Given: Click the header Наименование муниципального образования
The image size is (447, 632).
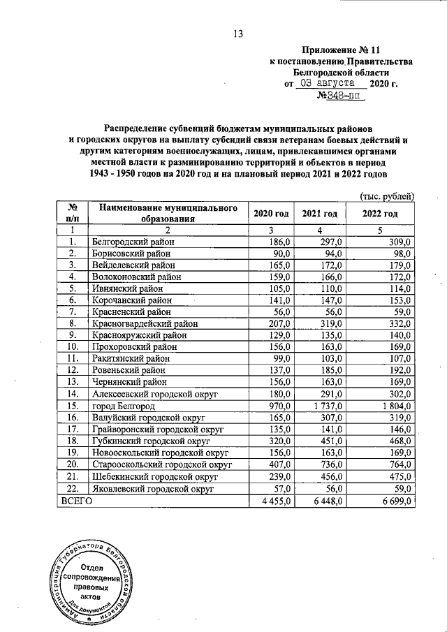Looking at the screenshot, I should [x=164, y=213].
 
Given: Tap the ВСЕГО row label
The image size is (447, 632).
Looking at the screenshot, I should [x=78, y=500].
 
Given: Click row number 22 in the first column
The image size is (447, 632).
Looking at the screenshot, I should [x=72, y=488].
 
